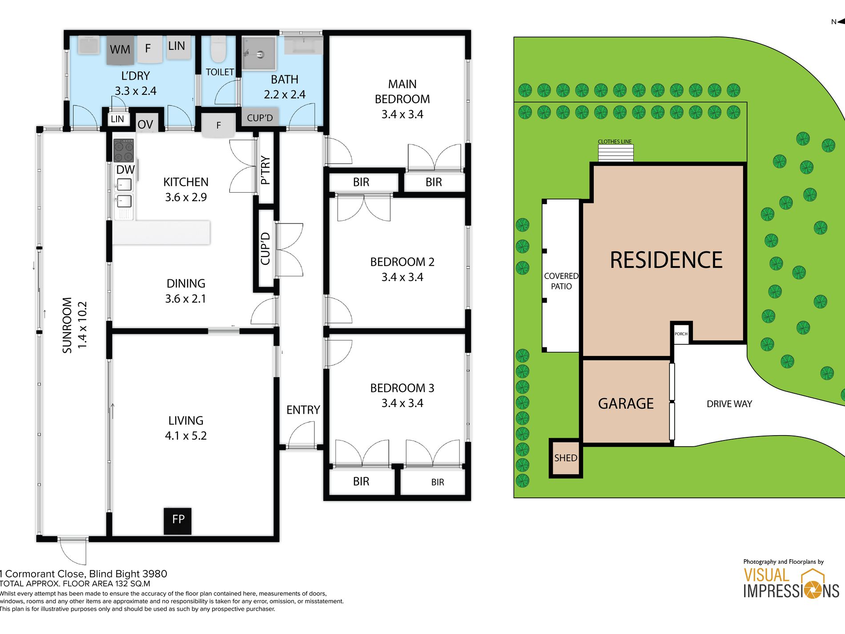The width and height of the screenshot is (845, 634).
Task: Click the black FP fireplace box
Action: pos(177,521)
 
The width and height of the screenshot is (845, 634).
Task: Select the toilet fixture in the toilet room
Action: pos(218,49)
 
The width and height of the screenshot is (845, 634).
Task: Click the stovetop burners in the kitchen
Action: pos(124,150)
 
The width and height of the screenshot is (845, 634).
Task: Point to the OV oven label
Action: pos(145,125)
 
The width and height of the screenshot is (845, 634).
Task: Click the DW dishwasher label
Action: pos(125,170)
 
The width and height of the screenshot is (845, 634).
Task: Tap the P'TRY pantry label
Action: pos(265,170)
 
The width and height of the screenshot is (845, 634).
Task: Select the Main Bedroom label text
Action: pos(402,99)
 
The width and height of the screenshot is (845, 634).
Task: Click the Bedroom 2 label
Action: pos(402,269)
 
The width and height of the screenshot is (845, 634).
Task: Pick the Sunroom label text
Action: pos(74,325)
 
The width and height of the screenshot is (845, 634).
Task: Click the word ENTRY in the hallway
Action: pos(303,410)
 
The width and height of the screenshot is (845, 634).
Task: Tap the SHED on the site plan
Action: pos(566,458)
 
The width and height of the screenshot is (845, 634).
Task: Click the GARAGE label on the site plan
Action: pos(626,404)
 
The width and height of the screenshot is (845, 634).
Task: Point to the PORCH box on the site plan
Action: pos(681,333)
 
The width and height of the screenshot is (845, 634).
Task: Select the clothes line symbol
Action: pos(616,153)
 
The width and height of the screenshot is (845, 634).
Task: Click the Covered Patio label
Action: pos(561,281)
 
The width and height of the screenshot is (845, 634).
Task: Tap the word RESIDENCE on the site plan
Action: pos(666,260)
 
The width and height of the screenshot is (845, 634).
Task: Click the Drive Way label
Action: pos(729,404)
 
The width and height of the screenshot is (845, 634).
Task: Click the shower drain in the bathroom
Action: pos(260,55)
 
